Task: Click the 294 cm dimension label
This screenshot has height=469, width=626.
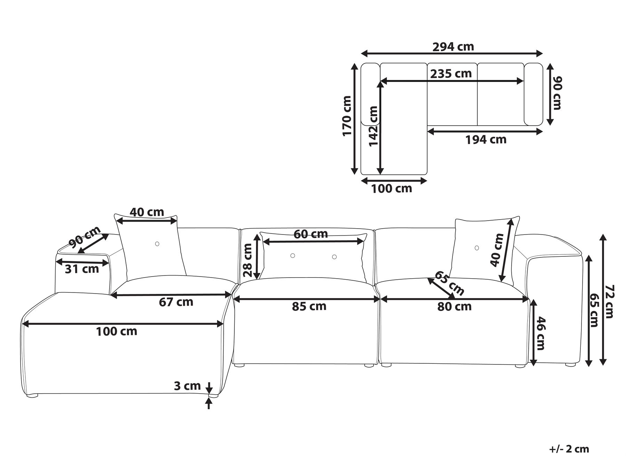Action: [x=453, y=46]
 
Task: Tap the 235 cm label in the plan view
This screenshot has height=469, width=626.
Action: [x=451, y=74]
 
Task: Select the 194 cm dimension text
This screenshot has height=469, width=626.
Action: [x=485, y=140]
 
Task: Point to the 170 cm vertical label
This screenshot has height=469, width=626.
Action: [x=347, y=116]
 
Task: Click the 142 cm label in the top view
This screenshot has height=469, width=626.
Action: [x=373, y=126]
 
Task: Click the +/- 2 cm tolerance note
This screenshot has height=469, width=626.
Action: [x=569, y=449]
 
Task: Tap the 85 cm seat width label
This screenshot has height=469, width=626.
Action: [x=309, y=306]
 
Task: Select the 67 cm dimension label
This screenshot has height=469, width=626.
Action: [x=176, y=302]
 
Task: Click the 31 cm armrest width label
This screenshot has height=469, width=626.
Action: [x=82, y=269]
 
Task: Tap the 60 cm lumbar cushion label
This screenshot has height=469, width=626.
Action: [x=311, y=234]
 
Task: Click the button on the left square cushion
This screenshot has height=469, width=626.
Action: [x=157, y=244]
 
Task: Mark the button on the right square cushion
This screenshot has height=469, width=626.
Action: [x=476, y=248]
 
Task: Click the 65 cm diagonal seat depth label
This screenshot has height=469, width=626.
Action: [x=449, y=283]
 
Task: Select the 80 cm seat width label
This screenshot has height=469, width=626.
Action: [x=454, y=306]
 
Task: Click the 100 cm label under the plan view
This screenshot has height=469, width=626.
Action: [x=392, y=189]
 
